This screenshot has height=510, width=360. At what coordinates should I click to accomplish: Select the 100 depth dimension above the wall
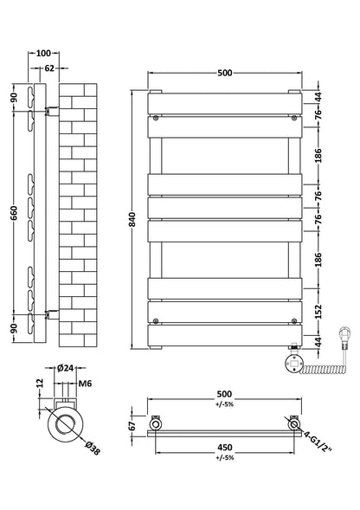coord(44,54)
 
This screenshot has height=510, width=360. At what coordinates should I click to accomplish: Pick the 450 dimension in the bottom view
coord(223,449)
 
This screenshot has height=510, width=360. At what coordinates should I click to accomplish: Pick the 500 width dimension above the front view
coord(225,73)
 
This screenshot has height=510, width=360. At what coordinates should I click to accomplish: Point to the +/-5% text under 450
coord(223,460)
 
